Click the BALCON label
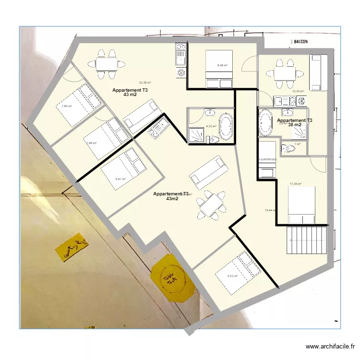(x=300, y=42)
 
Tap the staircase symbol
(x=308, y=240)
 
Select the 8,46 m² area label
(x=222, y=65)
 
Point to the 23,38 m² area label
(x=145, y=83)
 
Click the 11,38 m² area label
(x=296, y=184)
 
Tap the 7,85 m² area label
(x=66, y=107)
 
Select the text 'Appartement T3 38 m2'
(x=295, y=122)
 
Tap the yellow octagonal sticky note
(x=172, y=278)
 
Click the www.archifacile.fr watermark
(x=331, y=347)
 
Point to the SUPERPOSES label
(x=267, y=159)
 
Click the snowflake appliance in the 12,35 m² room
(x=301, y=101)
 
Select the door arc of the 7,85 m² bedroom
(x=70, y=74)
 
